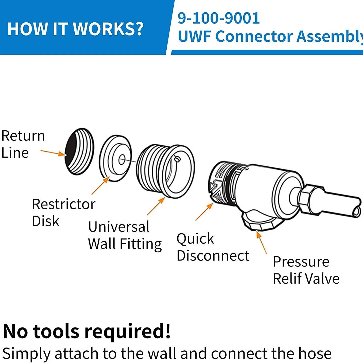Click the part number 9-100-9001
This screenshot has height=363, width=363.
click(x=218, y=18)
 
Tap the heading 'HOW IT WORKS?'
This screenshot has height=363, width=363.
click(x=75, y=29)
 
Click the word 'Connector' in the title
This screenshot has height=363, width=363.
click(x=254, y=36)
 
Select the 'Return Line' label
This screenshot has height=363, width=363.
click(x=23, y=144)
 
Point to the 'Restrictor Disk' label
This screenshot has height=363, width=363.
click(x=63, y=212)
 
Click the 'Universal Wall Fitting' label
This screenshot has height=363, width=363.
click(x=125, y=235)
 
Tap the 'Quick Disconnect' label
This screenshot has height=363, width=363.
click(x=213, y=247)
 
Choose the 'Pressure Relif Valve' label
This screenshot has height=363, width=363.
click(x=306, y=270)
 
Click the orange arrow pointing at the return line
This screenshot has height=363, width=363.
click(x=53, y=153)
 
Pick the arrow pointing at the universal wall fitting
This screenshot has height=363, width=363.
click(x=156, y=206)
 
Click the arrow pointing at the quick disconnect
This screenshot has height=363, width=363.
click(x=204, y=212)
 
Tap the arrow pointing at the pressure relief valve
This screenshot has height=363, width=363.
click(x=262, y=242)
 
